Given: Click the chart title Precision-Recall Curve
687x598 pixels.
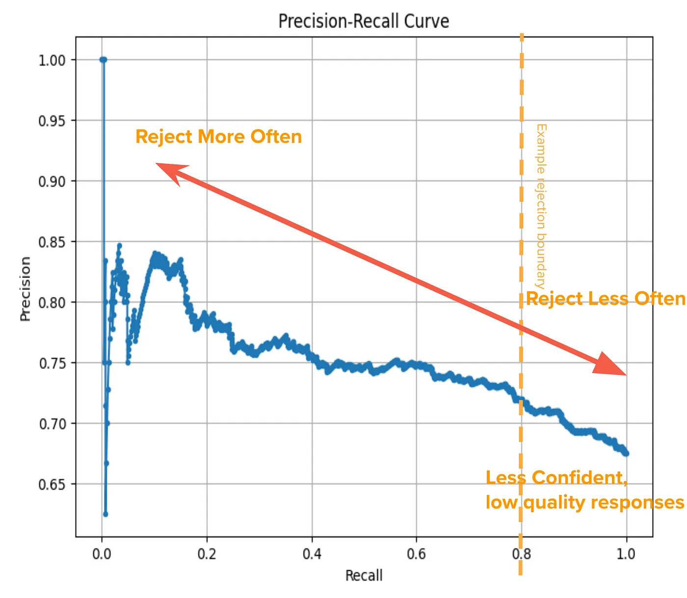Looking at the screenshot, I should [364, 22].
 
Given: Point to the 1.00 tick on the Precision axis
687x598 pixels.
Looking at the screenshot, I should [52, 60].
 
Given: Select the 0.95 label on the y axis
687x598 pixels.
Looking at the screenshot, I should [52, 121].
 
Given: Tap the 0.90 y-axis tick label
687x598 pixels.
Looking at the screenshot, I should [52, 182].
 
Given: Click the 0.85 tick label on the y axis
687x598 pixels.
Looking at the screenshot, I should [52, 242].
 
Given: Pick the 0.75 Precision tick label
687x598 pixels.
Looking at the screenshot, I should [52, 363].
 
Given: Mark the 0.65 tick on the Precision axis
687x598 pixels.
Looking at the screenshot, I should [52, 485].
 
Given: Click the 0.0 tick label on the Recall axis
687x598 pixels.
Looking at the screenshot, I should [102, 554].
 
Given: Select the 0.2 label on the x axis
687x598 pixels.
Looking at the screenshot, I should [207, 554].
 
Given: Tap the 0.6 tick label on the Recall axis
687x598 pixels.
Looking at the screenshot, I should [416, 554].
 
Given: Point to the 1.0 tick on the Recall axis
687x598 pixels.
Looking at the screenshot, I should [626, 554].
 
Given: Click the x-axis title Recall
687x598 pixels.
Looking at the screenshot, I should [364, 575].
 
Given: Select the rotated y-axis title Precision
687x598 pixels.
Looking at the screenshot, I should [26, 289].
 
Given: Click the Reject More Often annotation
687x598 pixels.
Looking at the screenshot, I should [218, 137].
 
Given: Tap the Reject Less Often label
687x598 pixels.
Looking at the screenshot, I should [606, 299].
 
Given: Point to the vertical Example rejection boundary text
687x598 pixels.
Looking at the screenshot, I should [541, 206].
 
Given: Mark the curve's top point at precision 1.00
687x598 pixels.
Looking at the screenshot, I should [103, 60].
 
